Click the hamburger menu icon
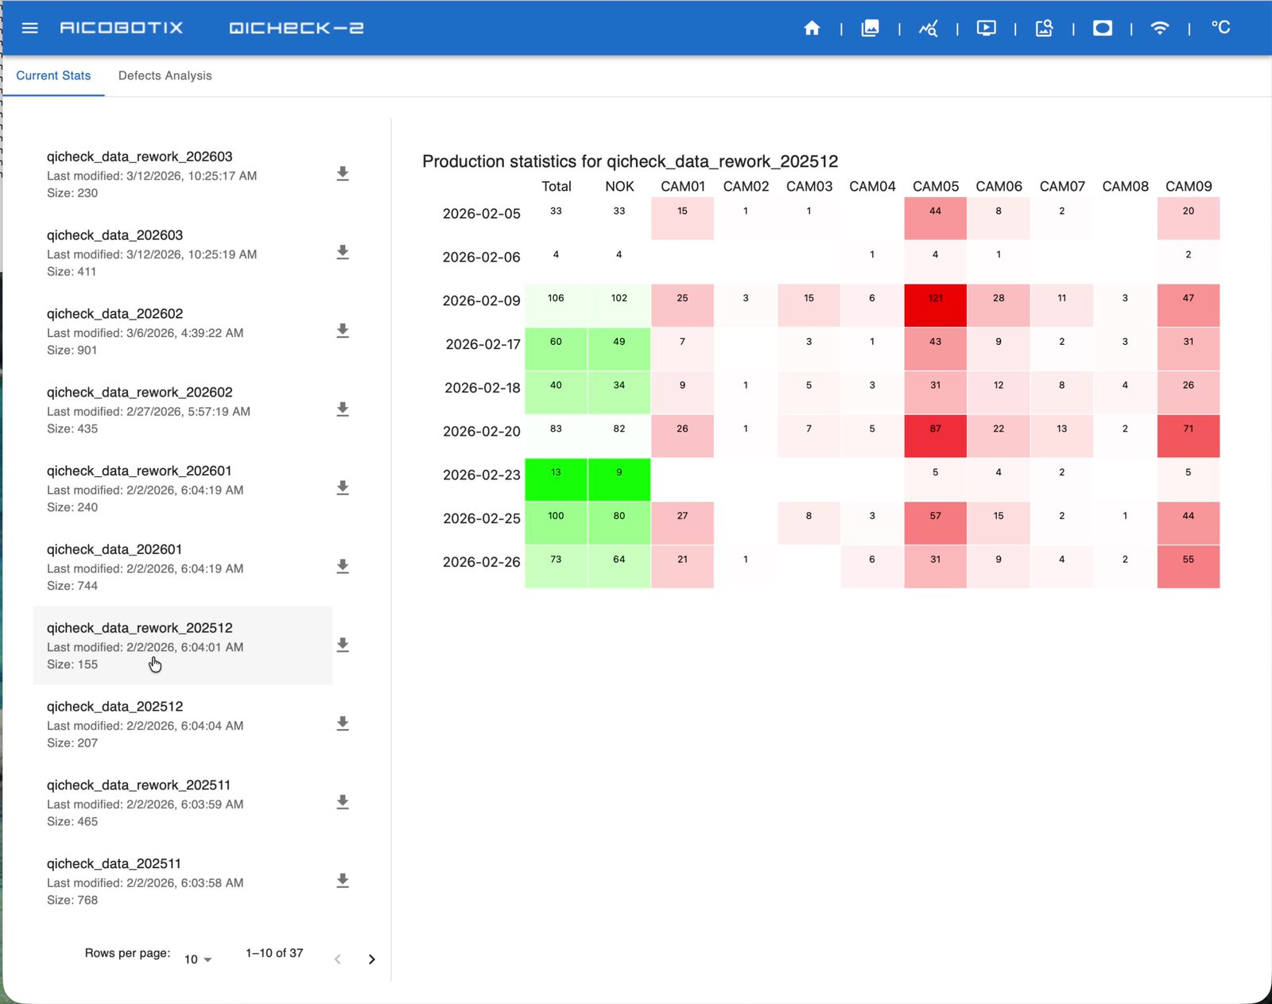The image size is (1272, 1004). [x=29, y=28]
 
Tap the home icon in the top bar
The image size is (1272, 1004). [x=812, y=28]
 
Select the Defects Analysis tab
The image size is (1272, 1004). [x=165, y=76]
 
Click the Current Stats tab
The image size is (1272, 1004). [x=53, y=76]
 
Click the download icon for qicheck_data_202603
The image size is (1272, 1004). [x=342, y=252]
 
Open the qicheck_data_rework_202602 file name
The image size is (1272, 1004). [x=139, y=392]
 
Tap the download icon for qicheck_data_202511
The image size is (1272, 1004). [x=342, y=881]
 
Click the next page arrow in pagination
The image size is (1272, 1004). [x=371, y=959]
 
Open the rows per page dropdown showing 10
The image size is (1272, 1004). [x=197, y=959]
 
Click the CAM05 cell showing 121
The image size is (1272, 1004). [x=935, y=305]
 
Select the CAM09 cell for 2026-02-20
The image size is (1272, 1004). [x=1188, y=436]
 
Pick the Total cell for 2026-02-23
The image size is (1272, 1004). [x=556, y=479]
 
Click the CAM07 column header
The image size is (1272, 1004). [x=1062, y=186]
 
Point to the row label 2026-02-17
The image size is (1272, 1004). [x=483, y=344]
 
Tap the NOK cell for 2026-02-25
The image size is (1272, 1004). [x=619, y=523]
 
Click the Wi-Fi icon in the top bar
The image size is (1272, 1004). [x=1160, y=28]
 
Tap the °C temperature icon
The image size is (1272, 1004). [x=1220, y=28]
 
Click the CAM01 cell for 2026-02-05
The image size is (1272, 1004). [x=682, y=218]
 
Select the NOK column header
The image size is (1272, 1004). [x=619, y=186]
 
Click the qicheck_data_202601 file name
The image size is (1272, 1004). [x=114, y=549]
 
